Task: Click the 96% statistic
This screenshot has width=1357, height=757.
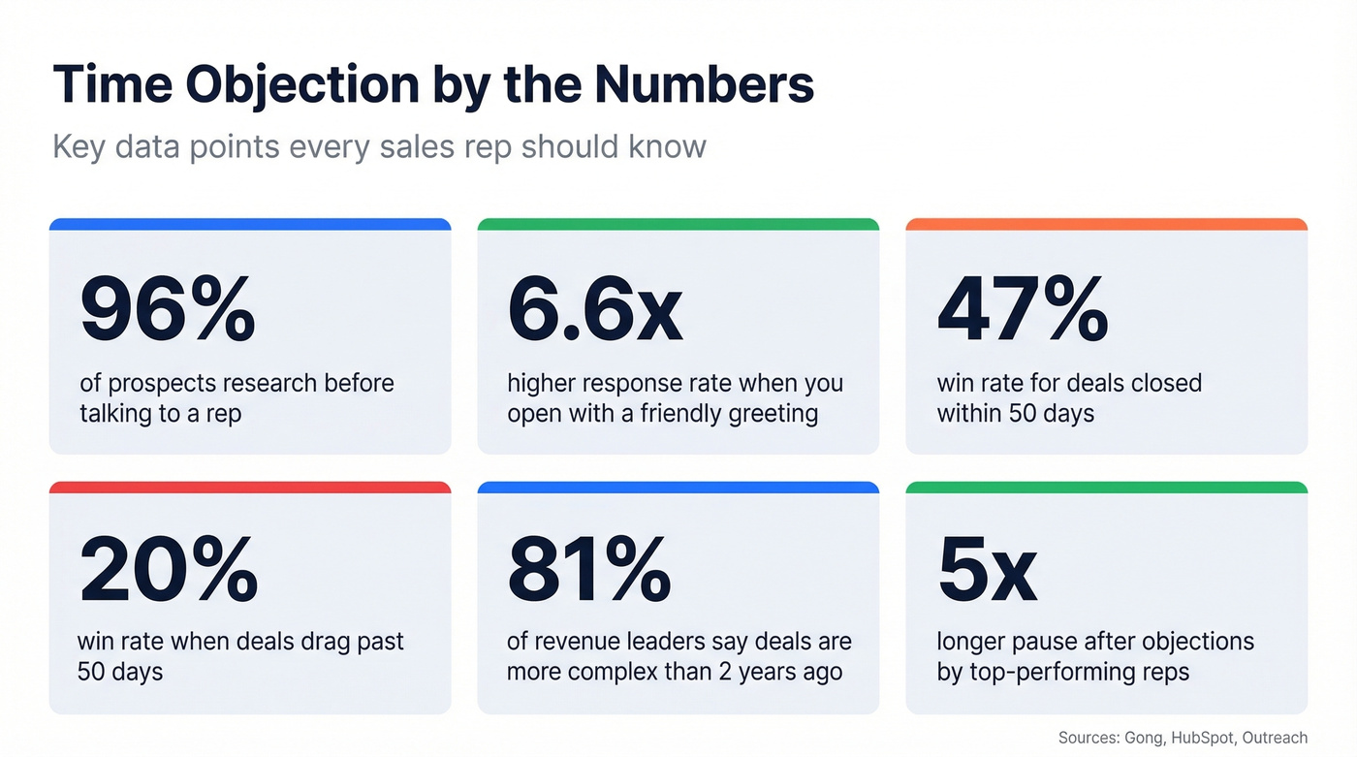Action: (168, 310)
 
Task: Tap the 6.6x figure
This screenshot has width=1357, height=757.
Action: (595, 310)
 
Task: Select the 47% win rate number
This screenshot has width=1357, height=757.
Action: (1023, 310)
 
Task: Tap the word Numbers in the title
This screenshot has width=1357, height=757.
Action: (705, 84)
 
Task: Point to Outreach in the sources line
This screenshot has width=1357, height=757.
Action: (1275, 738)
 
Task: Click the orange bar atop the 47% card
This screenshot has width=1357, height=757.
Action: (1106, 225)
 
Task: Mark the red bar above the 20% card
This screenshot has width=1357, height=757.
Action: (250, 488)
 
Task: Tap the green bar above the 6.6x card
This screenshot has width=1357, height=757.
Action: (678, 225)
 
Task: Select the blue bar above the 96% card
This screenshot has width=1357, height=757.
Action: (250, 225)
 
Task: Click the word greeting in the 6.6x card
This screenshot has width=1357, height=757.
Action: (772, 415)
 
